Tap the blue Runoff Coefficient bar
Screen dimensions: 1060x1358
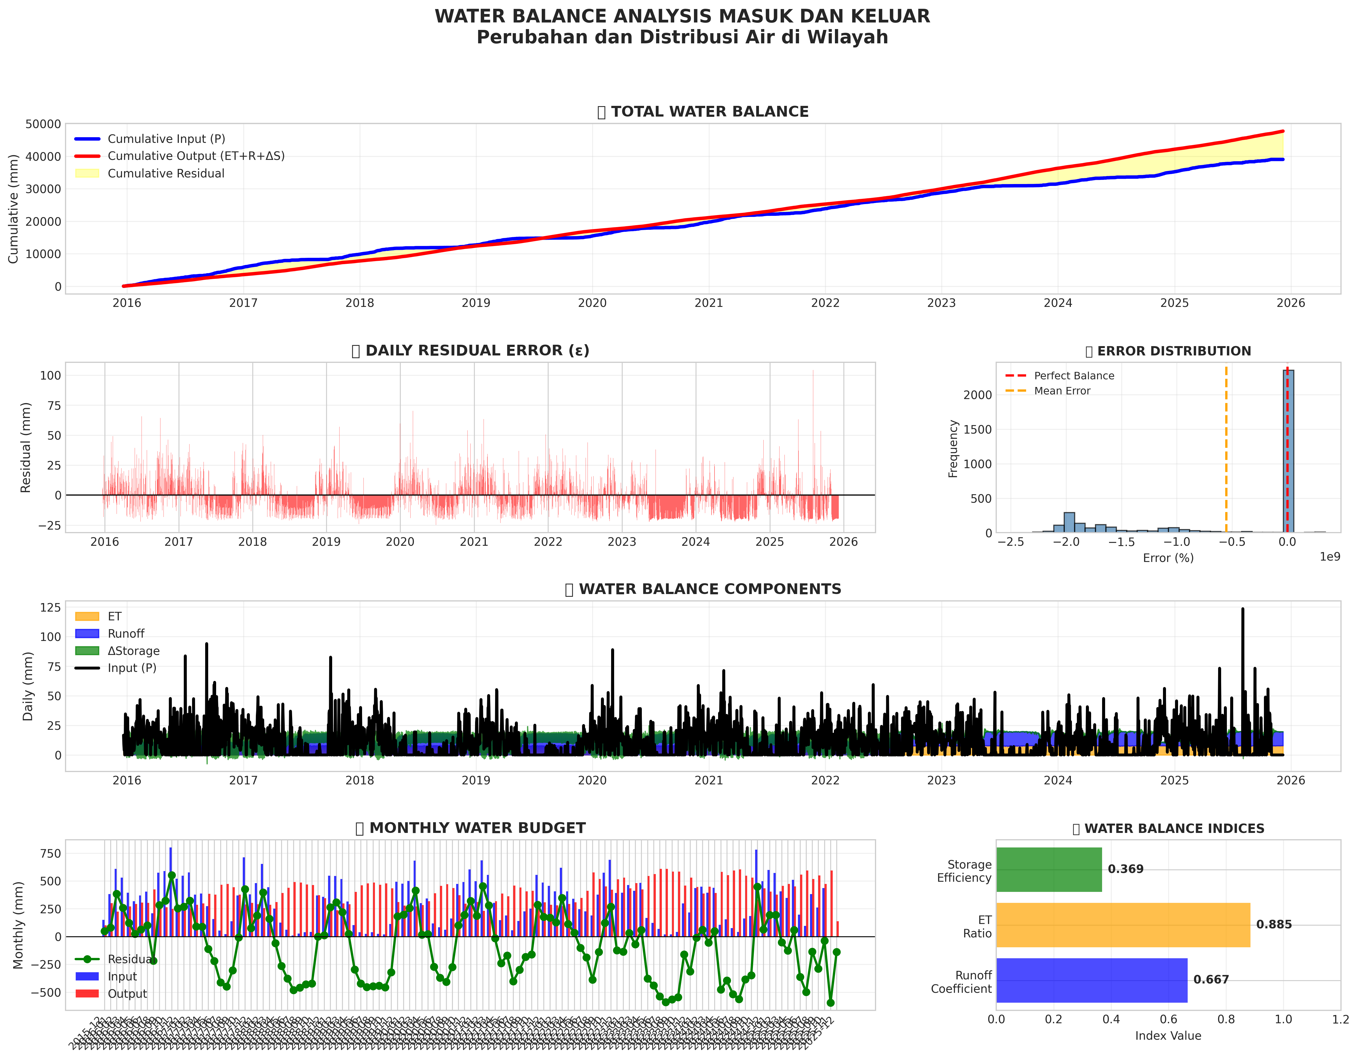coord(1091,980)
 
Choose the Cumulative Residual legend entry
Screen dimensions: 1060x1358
coord(165,173)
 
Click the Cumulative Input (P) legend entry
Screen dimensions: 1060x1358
coord(166,139)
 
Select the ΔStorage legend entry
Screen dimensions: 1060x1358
coord(133,651)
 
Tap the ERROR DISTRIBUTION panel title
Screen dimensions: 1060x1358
coord(1174,351)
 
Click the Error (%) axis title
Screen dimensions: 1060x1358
coord(1168,558)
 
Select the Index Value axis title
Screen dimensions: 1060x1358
coord(1168,1036)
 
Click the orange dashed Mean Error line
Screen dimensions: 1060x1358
coord(1226,448)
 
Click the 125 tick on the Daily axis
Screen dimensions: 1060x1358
coord(50,607)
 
